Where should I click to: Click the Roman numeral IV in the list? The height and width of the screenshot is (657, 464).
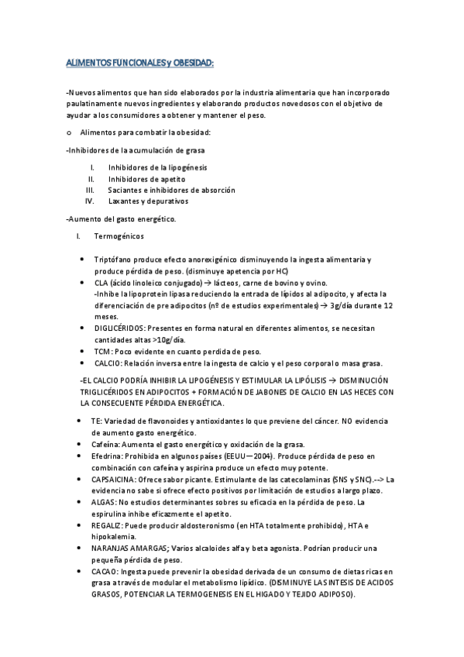click(89, 201)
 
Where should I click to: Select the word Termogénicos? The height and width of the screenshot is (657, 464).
click(118, 236)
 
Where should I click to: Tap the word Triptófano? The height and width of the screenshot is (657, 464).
click(112, 260)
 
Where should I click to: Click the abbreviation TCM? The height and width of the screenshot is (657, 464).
click(102, 352)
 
